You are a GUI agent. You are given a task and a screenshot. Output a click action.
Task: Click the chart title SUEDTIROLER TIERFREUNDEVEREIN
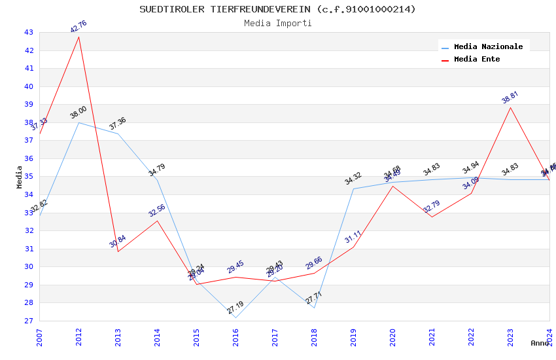click(x=277, y=9)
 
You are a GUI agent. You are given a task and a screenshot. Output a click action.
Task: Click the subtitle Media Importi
click(x=277, y=23)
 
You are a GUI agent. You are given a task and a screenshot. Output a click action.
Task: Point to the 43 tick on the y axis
click(x=29, y=32)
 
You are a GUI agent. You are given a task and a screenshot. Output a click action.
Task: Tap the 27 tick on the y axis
click(x=29, y=321)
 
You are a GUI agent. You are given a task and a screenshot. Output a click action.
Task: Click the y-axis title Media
click(x=20, y=177)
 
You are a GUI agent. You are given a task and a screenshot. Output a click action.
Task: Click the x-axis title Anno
click(x=540, y=343)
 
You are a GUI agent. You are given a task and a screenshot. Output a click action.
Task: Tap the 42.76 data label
click(x=78, y=27)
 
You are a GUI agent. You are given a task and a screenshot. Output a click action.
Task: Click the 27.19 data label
click(x=235, y=308)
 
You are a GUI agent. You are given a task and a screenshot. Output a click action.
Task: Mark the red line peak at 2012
click(x=79, y=37)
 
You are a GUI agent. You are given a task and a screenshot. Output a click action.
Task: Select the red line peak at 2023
click(x=510, y=107)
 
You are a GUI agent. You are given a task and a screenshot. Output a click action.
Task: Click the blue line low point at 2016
click(x=235, y=317)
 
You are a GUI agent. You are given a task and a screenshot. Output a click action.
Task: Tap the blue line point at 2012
click(x=79, y=122)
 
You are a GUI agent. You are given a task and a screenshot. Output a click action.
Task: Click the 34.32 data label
click(x=353, y=179)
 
